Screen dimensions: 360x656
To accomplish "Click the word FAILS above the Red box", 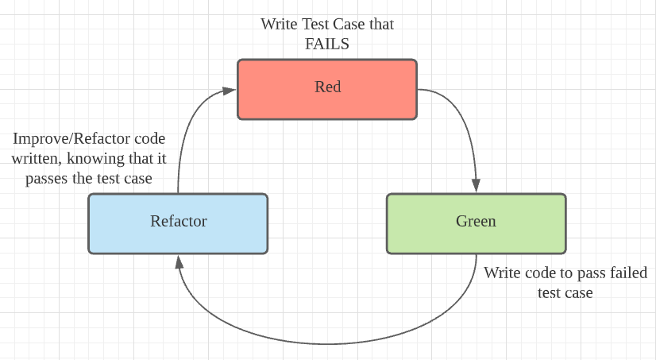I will pyautogui.click(x=327, y=44).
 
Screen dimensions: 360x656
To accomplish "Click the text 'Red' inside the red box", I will pyautogui.click(x=327, y=87).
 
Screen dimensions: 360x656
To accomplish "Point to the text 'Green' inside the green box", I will pyautogui.click(x=476, y=221).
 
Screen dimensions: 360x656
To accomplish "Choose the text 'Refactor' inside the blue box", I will pyautogui.click(x=179, y=221).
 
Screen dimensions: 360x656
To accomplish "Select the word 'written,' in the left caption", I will pyautogui.click(x=38, y=159).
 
